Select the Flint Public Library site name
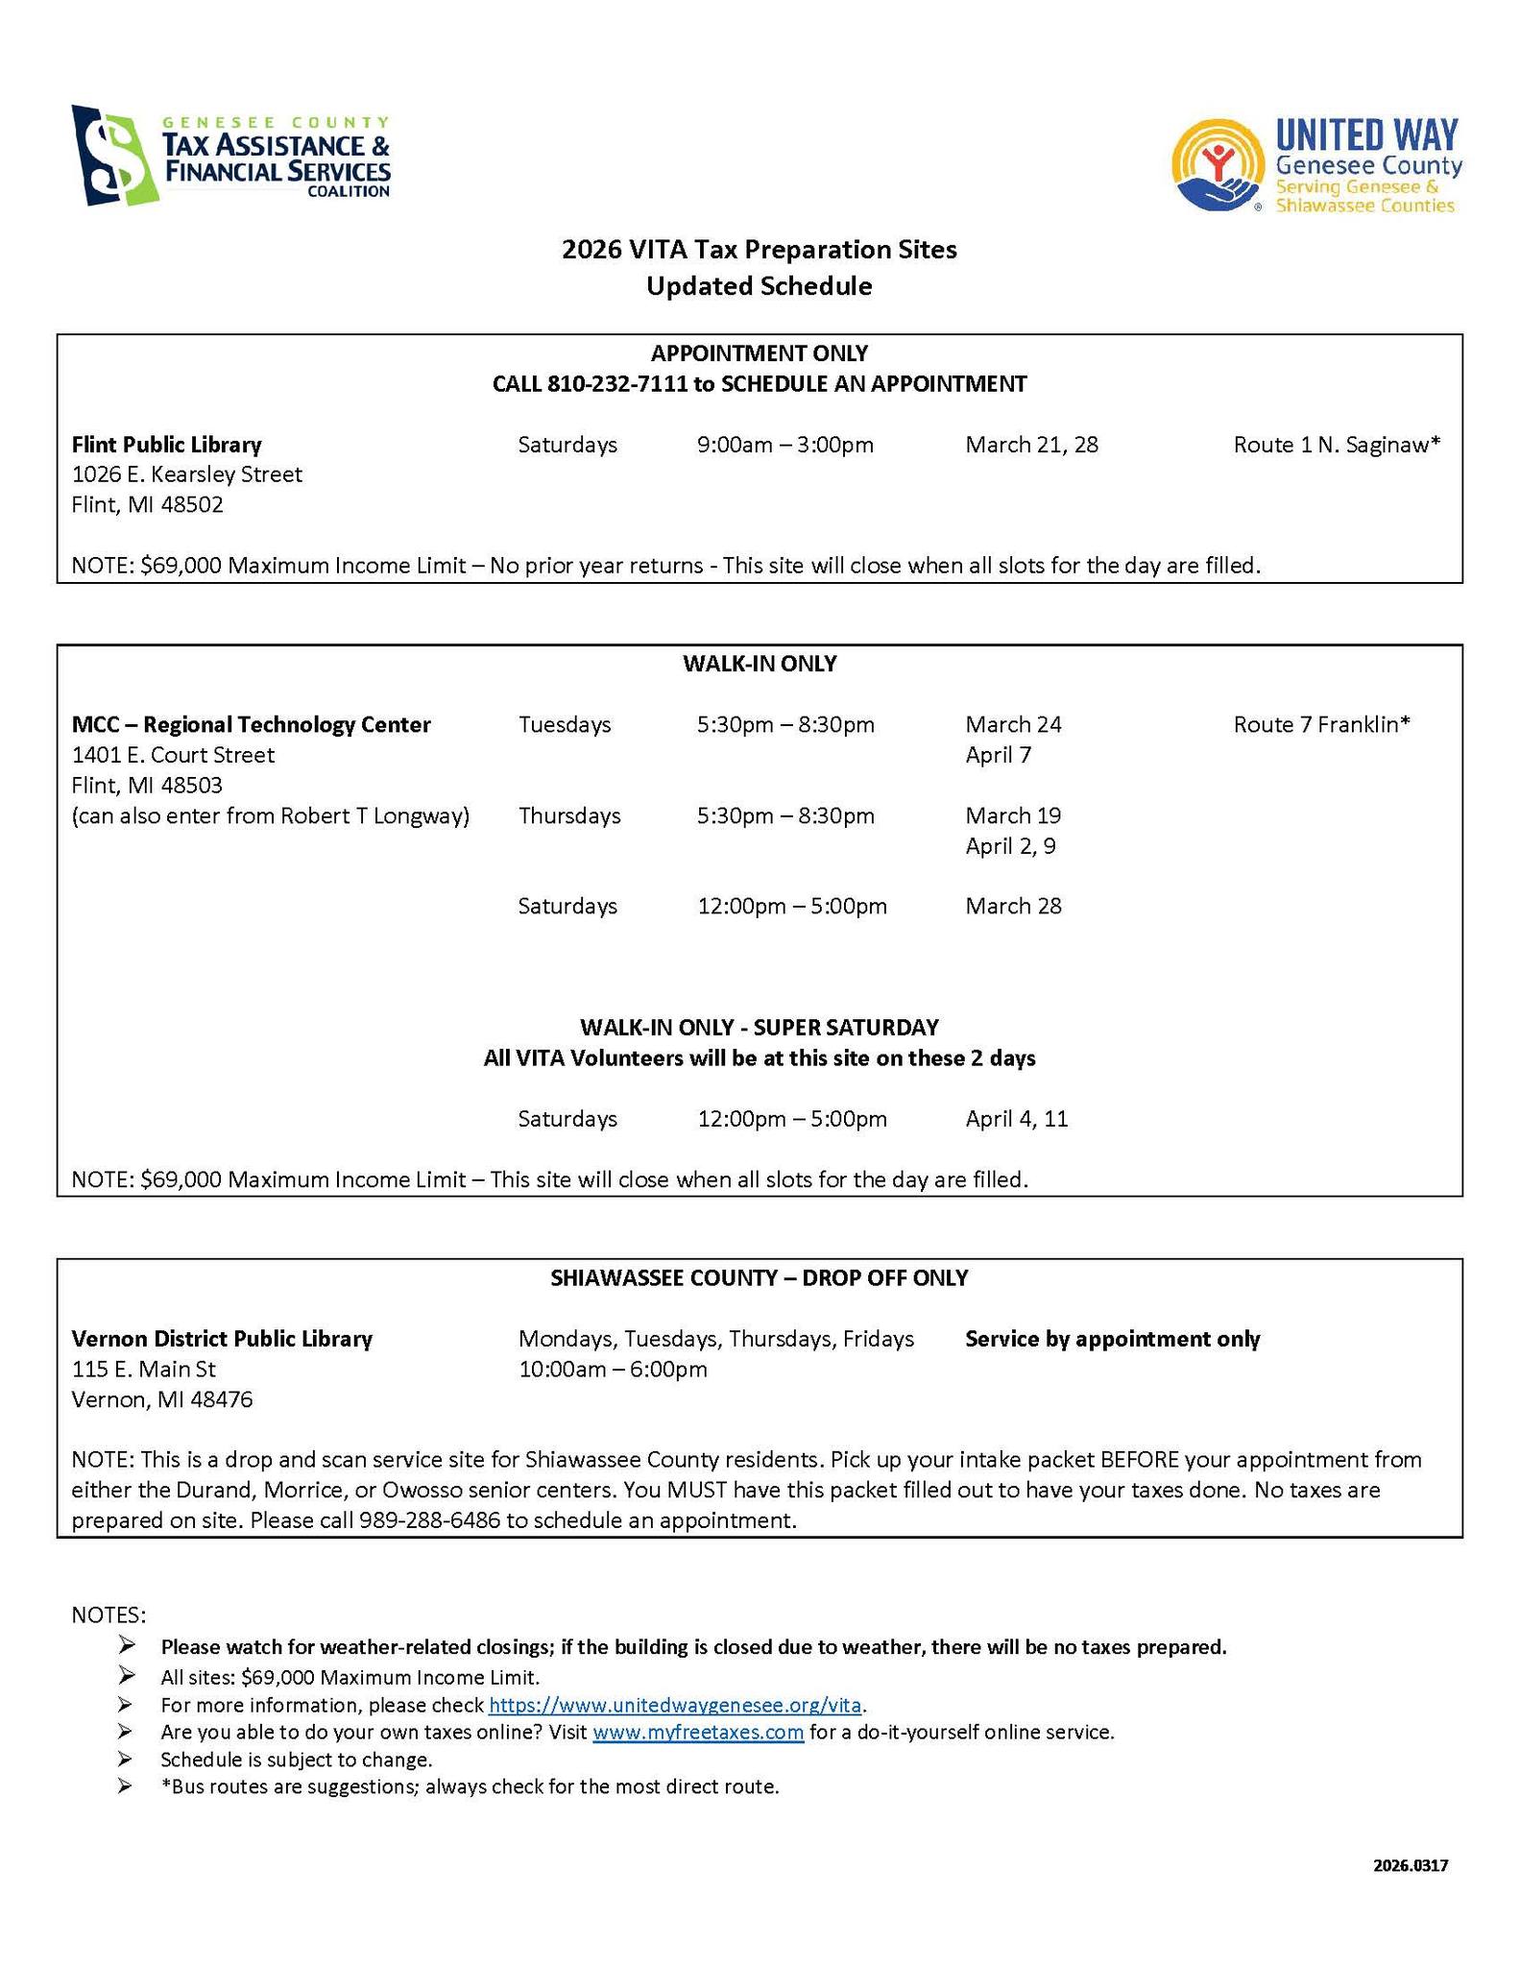tap(167, 445)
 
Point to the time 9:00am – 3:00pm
tap(784, 445)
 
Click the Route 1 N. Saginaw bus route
tap(1337, 445)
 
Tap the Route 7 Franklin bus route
tap(1321, 724)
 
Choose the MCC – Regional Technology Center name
tap(252, 724)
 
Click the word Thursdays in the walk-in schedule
tap(569, 815)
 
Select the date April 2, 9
tap(1010, 846)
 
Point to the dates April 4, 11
tap(1016, 1119)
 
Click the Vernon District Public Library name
tap(222, 1339)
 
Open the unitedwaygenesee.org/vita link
tap(675, 1705)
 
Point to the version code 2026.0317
tap(1410, 1866)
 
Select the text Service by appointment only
tap(1112, 1339)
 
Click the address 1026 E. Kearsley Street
tap(187, 474)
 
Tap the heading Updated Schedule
tap(759, 286)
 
